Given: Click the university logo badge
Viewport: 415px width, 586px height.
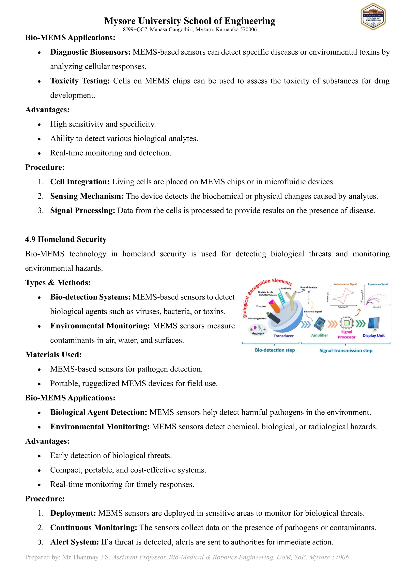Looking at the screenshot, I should pyautogui.click(x=373, y=17).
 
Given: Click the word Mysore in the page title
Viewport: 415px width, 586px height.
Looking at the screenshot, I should pyautogui.click(x=120, y=21).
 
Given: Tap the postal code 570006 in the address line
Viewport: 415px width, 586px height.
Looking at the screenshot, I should pyautogui.click(x=248, y=30).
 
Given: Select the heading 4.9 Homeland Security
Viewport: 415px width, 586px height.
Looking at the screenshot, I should pyautogui.click(x=66, y=239).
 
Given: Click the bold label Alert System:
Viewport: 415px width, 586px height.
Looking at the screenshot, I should pyautogui.click(x=75, y=542).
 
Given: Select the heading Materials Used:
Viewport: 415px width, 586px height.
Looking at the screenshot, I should pyautogui.click(x=53, y=355).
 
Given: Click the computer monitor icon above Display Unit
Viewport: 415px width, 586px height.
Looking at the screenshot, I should pyautogui.click(x=374, y=324).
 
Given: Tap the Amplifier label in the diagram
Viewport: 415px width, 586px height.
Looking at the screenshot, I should pyautogui.click(x=319, y=335).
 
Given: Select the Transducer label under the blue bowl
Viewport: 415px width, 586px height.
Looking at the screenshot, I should pyautogui.click(x=283, y=336).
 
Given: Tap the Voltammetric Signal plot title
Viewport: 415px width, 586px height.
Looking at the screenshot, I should pyautogui.click(x=345, y=284).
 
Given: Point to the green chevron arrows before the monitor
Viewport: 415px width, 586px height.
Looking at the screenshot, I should pyautogui.click(x=360, y=324).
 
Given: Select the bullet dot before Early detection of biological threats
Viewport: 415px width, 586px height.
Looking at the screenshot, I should pyautogui.click(x=39, y=456).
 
